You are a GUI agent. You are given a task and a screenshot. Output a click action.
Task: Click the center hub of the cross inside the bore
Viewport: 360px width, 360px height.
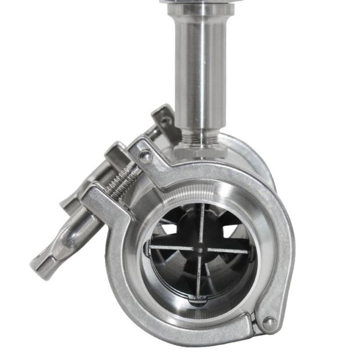pos(199,249)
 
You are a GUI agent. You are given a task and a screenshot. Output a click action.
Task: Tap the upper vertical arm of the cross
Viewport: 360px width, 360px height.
pos(201,224)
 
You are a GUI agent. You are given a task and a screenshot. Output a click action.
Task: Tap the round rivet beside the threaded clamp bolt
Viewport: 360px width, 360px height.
pos(145,157)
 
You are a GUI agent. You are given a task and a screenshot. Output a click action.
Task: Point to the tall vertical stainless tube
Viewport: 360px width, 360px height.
pos(200,74)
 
